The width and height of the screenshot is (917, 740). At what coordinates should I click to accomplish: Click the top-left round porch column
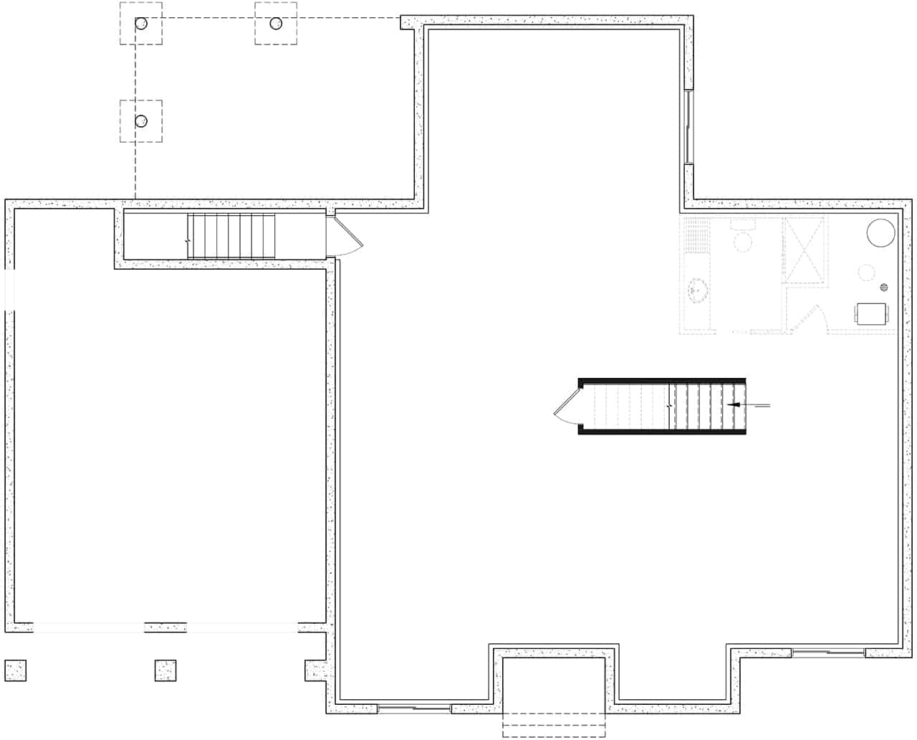click(x=141, y=24)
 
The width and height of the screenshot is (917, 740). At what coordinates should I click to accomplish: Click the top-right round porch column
click(x=276, y=24)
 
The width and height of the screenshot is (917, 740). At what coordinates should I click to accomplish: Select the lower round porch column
click(x=141, y=120)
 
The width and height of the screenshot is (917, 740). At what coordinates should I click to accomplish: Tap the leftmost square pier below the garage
click(x=15, y=670)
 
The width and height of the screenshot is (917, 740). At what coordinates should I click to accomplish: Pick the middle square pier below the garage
click(x=165, y=670)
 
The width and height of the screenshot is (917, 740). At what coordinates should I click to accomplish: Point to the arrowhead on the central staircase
click(x=733, y=406)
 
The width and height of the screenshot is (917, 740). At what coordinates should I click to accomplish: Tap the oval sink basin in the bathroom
click(x=699, y=290)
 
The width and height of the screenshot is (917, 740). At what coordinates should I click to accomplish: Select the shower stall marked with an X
click(x=806, y=251)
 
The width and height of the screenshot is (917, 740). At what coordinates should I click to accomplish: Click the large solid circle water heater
click(x=880, y=233)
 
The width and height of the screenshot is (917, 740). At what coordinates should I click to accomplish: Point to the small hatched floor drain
click(x=884, y=288)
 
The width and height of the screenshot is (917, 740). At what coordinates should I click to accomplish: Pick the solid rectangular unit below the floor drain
click(x=871, y=313)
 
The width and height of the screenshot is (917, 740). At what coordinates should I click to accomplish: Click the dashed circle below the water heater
click(x=866, y=272)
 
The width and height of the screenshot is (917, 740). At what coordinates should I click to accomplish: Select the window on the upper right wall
click(x=688, y=127)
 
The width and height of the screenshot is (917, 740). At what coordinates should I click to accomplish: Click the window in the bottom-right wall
click(x=829, y=653)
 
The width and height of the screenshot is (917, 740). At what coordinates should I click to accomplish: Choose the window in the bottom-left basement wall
click(x=414, y=709)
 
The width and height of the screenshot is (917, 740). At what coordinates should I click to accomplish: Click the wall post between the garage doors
click(x=165, y=627)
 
